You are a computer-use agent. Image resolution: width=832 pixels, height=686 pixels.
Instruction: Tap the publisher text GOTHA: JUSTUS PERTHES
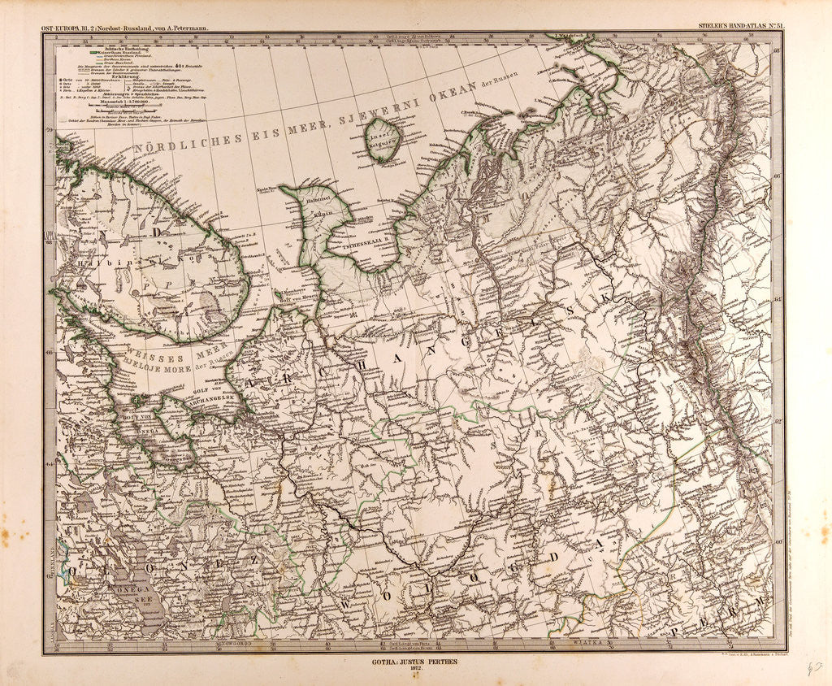pos(415,662)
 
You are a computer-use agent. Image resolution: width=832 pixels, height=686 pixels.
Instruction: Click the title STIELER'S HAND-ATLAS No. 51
pos(737,27)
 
